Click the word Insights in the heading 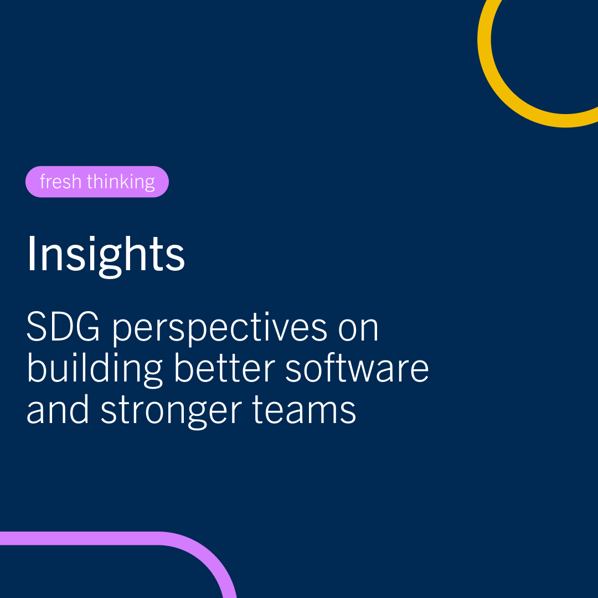(x=105, y=254)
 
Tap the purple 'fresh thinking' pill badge (x=97, y=182)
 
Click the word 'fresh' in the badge (x=58, y=182)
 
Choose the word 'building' (x=95, y=369)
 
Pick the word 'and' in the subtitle (x=59, y=410)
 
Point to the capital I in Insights (x=30, y=253)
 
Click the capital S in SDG (x=37, y=328)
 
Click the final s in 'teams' (x=349, y=413)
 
